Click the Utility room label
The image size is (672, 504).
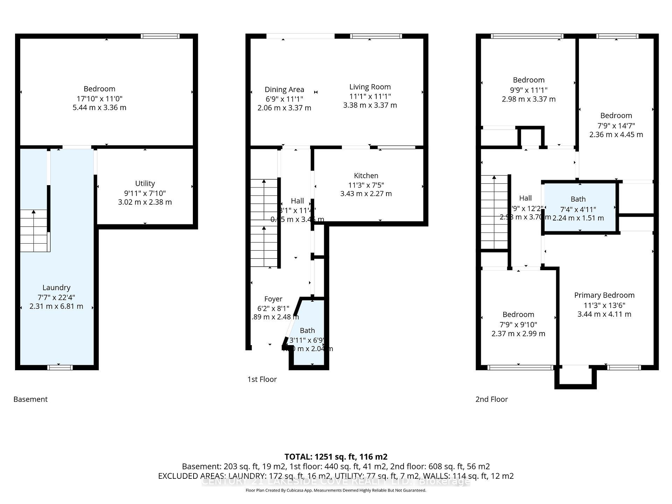point(145,183)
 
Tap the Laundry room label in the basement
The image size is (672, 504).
point(56,288)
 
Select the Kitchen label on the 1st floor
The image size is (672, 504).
point(366,176)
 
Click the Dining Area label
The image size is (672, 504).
point(284,90)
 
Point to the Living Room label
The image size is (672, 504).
point(370,87)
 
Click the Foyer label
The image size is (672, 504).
point(273,299)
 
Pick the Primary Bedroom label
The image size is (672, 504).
point(604,295)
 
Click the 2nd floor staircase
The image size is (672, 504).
point(494,212)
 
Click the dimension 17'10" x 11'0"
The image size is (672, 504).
point(99,99)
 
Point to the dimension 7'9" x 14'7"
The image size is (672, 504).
point(616,125)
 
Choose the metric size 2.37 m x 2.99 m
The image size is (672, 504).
point(518,334)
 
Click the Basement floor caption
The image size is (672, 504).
point(30,399)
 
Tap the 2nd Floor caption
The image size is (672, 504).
point(491,399)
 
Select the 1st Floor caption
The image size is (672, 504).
point(262,379)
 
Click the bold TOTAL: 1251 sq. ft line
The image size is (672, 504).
point(336,457)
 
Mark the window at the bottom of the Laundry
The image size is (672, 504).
point(60,367)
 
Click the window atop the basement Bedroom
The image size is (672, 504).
point(160,36)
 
